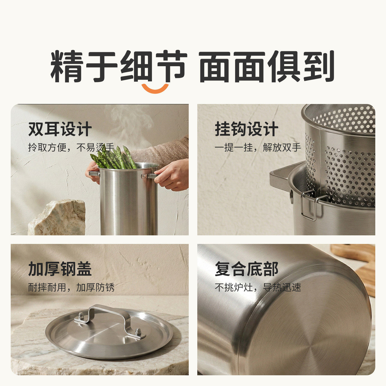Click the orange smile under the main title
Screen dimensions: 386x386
(155, 89)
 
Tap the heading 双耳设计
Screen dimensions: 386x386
(60, 129)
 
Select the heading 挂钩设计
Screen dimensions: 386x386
(246, 129)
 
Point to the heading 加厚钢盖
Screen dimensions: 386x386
(60, 269)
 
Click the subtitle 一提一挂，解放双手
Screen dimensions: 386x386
(258, 147)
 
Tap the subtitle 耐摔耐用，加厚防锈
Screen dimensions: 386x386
(71, 287)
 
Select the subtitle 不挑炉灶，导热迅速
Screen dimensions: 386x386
(258, 287)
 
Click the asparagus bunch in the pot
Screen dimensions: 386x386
(115, 158)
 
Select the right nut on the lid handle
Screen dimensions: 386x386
(138, 332)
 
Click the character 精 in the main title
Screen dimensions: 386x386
(66, 66)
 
